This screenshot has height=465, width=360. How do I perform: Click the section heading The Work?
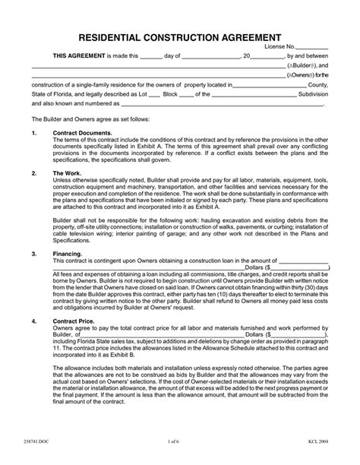point(66,173)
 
